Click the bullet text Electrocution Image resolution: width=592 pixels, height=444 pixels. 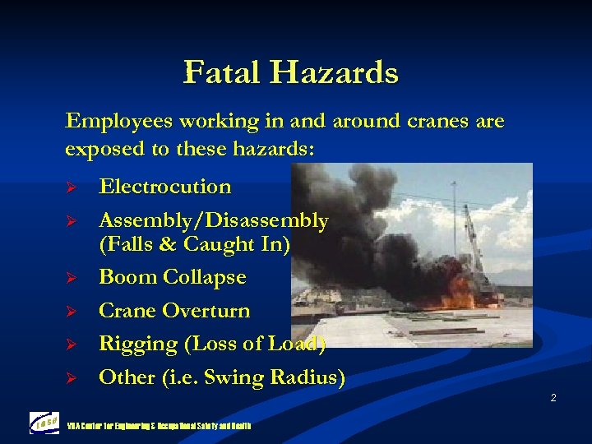point(164,187)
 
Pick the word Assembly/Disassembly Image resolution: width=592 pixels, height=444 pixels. point(213,220)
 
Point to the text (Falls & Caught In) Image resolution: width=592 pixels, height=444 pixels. point(194,244)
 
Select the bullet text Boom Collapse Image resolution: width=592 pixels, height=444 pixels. point(172,277)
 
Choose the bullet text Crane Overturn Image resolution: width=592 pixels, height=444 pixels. point(174,311)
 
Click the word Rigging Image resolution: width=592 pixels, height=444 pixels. point(135,344)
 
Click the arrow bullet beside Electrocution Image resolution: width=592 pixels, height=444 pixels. point(71,187)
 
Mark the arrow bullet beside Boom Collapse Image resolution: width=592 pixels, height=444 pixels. point(71,278)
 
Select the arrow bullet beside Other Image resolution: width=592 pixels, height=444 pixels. point(71,378)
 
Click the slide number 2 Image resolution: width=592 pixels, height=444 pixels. point(553,398)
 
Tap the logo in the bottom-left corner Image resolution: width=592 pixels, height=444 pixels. point(44,423)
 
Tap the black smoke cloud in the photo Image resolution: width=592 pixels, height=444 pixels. point(362,222)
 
